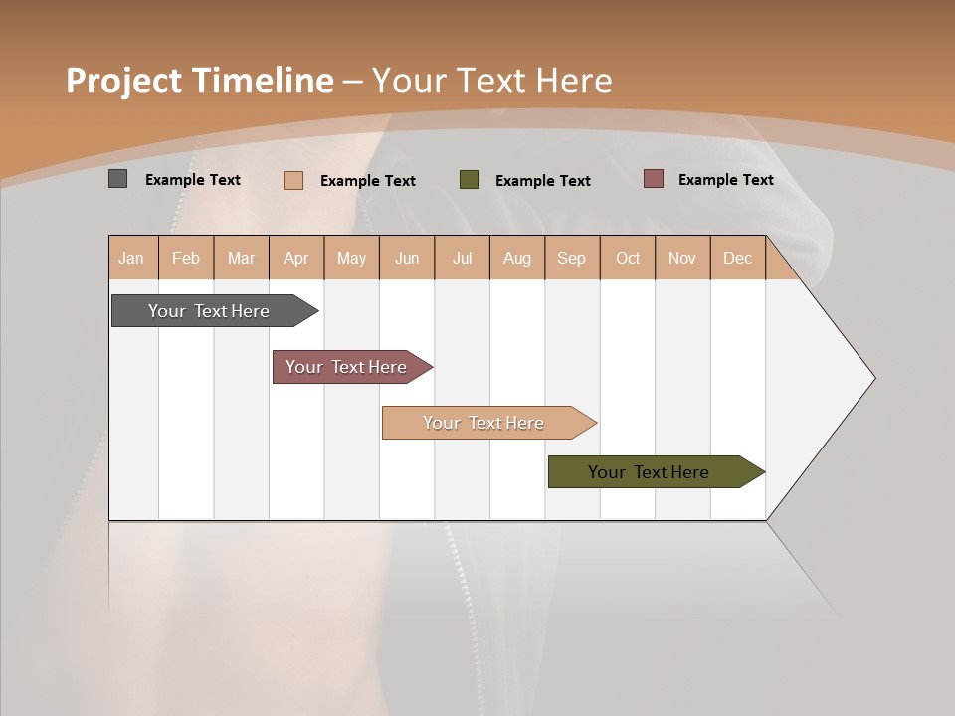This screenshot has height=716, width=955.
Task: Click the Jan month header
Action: point(132,258)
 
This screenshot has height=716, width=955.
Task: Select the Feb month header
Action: point(186,258)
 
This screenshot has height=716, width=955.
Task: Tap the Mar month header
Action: point(241,258)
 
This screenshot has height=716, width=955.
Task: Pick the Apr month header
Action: point(296,258)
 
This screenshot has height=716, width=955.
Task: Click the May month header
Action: point(351,258)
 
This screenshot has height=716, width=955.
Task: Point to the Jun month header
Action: point(407,258)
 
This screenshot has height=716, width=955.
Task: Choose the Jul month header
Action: point(462,258)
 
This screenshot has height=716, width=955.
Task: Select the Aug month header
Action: point(517,258)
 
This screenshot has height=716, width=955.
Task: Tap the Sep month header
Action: point(572,258)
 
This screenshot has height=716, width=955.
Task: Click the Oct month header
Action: point(628,258)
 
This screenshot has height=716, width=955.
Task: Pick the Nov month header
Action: point(682,258)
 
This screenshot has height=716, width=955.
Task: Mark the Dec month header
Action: point(738,258)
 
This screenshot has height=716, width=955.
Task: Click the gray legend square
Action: point(117,179)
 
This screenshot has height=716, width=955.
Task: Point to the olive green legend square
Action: point(470,180)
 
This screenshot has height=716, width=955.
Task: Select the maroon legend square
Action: point(653,179)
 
